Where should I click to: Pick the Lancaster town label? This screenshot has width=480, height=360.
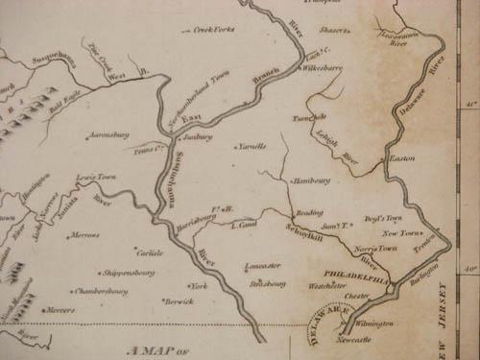(263, 266)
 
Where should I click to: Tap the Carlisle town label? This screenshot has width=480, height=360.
(148, 252)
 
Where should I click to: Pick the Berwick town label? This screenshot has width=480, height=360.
(179, 301)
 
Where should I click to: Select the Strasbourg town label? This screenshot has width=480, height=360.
(269, 284)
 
